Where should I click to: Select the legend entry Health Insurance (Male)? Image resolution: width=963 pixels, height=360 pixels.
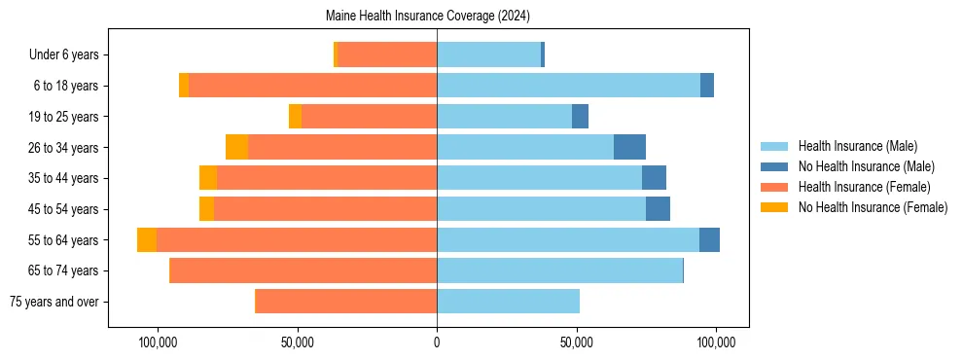tap(857, 146)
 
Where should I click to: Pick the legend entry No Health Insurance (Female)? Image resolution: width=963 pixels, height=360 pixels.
tap(873, 207)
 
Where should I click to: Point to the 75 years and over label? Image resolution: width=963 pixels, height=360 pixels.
tap(53, 302)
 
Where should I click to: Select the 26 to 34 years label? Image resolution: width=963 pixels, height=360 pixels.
tap(65, 148)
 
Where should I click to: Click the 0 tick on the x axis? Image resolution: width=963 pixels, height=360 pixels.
tap(437, 342)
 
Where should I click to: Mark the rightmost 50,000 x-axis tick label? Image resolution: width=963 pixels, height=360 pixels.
tap(577, 342)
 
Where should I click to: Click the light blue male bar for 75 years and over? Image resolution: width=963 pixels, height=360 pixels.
tap(508, 302)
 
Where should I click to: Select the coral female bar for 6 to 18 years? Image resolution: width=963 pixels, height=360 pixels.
tap(312, 86)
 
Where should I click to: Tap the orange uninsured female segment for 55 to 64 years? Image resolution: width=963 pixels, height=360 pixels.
tap(147, 240)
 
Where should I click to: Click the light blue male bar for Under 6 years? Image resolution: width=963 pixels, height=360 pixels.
tap(488, 54)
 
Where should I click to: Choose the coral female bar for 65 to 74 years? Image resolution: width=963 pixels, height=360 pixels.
tap(303, 270)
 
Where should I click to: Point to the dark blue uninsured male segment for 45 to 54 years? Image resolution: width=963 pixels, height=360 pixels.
tap(658, 209)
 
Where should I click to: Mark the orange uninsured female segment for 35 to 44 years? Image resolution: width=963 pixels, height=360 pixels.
tap(208, 178)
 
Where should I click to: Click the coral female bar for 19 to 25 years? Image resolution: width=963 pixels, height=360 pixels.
tap(369, 117)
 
